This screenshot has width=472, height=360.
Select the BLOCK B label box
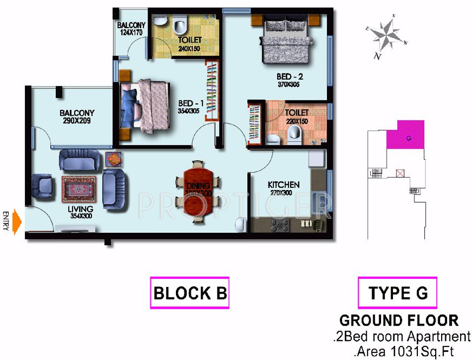(x=190, y=293)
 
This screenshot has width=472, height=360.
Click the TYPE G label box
(x=397, y=293)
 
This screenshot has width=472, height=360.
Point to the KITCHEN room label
(x=283, y=184)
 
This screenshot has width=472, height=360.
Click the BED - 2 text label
(x=290, y=77)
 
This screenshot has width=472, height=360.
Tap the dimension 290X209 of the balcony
(x=77, y=120)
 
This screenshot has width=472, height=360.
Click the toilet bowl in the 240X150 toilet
(x=180, y=23)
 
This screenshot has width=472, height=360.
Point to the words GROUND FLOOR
(x=398, y=320)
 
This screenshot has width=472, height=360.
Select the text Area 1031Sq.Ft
(x=403, y=352)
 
